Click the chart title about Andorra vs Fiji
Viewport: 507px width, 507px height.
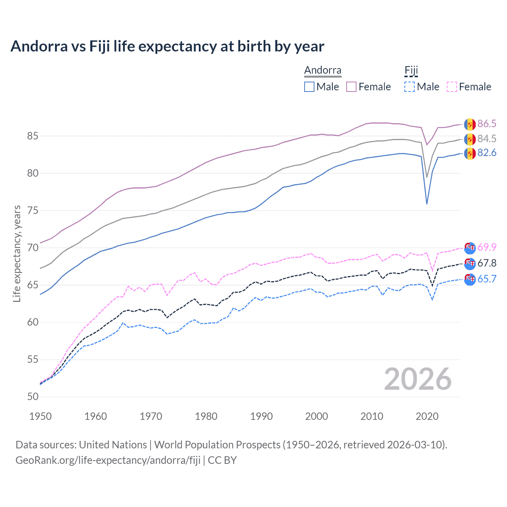(167, 46)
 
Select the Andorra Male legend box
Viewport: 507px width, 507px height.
(309, 87)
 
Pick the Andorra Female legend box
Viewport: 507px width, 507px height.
(351, 87)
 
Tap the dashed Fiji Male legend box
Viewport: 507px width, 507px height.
(410, 87)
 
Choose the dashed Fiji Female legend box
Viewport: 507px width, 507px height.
(452, 87)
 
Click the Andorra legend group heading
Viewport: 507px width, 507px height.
(323, 71)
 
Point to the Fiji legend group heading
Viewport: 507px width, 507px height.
(411, 71)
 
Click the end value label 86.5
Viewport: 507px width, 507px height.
(487, 124)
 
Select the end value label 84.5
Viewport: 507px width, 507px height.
(487, 139)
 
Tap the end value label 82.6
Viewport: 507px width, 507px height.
(487, 153)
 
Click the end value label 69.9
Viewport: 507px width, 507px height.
(487, 248)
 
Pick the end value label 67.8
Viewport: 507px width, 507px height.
(487, 263)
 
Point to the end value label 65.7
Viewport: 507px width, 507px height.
(487, 279)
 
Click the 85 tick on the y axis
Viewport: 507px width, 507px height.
(32, 136)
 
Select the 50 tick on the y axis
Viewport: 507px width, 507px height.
(32, 397)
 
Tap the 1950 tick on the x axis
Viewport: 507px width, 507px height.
(40, 416)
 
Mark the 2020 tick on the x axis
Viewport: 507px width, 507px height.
(427, 416)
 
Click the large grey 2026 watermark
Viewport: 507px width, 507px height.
(418, 379)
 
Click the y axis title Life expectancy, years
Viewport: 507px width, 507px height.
(17, 253)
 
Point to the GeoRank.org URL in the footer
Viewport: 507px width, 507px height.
(108, 460)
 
